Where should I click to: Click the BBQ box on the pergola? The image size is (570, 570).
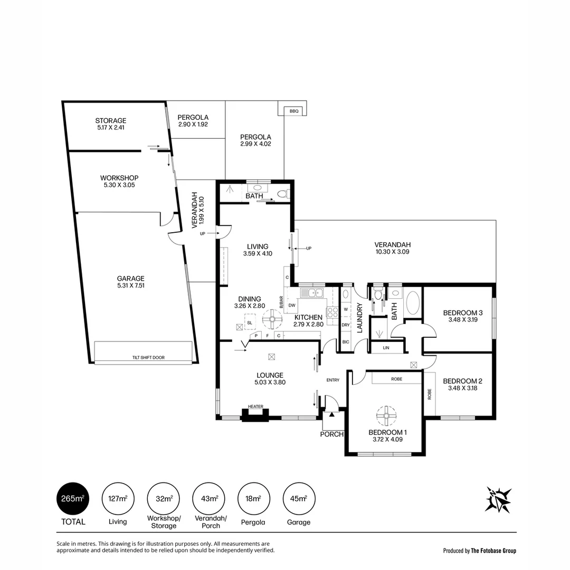294,111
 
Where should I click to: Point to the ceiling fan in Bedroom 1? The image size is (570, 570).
387,416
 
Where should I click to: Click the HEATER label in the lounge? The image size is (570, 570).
255,407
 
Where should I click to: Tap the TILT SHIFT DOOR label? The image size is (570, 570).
148,357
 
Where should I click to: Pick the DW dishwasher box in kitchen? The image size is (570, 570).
291,305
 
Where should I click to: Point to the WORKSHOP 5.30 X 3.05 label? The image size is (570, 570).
119,182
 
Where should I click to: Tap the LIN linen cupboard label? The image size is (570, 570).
386,348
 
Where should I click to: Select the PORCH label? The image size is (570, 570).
332,434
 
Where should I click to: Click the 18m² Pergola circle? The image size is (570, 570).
253,499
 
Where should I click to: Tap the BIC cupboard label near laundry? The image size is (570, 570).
346,342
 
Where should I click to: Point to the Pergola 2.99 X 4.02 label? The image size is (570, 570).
255,139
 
